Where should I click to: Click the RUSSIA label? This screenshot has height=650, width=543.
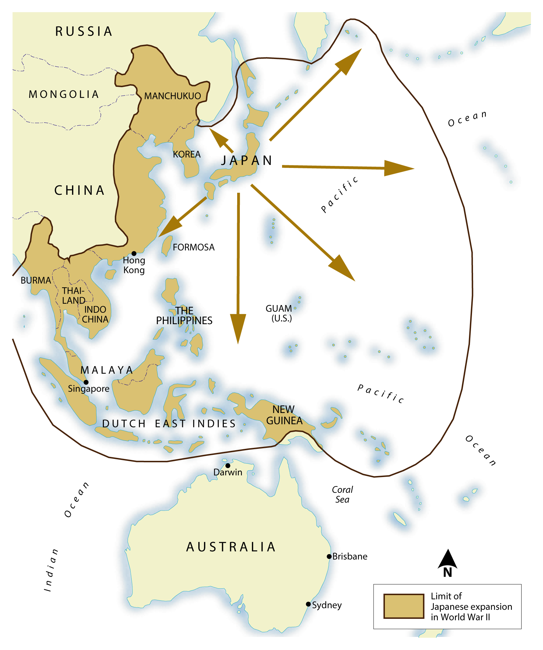tap(84, 32)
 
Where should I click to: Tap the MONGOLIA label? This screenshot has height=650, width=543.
tap(64, 95)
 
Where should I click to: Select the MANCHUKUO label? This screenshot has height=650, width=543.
tap(173, 96)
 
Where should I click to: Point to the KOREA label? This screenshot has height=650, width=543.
tap(187, 155)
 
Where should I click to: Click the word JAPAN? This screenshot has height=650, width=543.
tap(247, 161)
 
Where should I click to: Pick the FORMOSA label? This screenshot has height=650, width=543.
tap(194, 247)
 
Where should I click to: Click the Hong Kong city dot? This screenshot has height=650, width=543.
tap(134, 253)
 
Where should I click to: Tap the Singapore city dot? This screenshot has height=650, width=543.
tap(86, 382)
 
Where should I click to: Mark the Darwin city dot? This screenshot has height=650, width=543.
tap(228, 466)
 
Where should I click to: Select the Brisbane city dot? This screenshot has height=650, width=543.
tap(329, 556)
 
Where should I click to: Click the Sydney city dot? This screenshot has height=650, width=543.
tap(308, 604)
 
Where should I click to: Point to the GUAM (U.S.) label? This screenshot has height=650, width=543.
tap(279, 313)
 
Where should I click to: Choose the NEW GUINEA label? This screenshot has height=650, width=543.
tap(284, 415)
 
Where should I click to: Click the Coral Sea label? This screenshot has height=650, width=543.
tap(342, 494)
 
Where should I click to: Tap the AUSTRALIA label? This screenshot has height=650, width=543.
tap(231, 547)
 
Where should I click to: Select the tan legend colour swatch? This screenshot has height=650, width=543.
tap(404, 606)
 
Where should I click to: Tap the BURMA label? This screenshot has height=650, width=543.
tap(36, 281)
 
